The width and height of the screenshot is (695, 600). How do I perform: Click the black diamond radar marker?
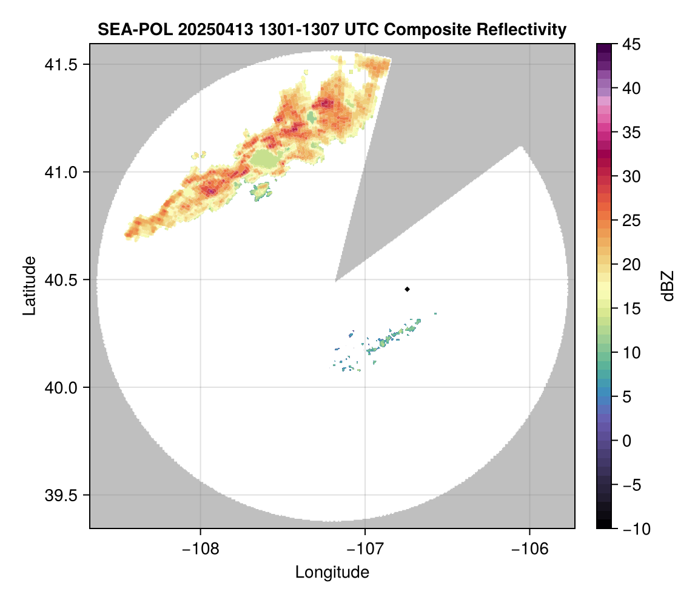coord(407,289)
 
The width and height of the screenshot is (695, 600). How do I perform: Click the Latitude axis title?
coord(29,285)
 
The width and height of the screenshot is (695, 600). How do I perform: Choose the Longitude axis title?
coord(332,572)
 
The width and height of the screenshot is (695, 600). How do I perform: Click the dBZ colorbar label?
coord(668,285)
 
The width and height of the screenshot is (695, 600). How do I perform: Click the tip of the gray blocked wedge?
coord(336,282)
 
